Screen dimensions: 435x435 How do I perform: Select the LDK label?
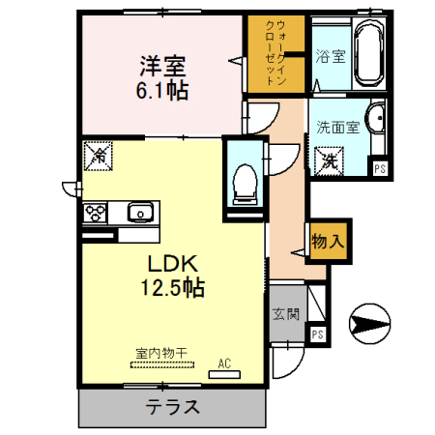[174, 262]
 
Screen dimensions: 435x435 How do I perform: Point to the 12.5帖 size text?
[174, 287]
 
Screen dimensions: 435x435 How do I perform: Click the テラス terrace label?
[173, 406]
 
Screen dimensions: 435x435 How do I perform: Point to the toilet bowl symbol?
[246, 182]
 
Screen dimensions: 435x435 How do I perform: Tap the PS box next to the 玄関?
[317, 333]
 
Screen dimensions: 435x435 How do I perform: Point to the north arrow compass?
[370, 322]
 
